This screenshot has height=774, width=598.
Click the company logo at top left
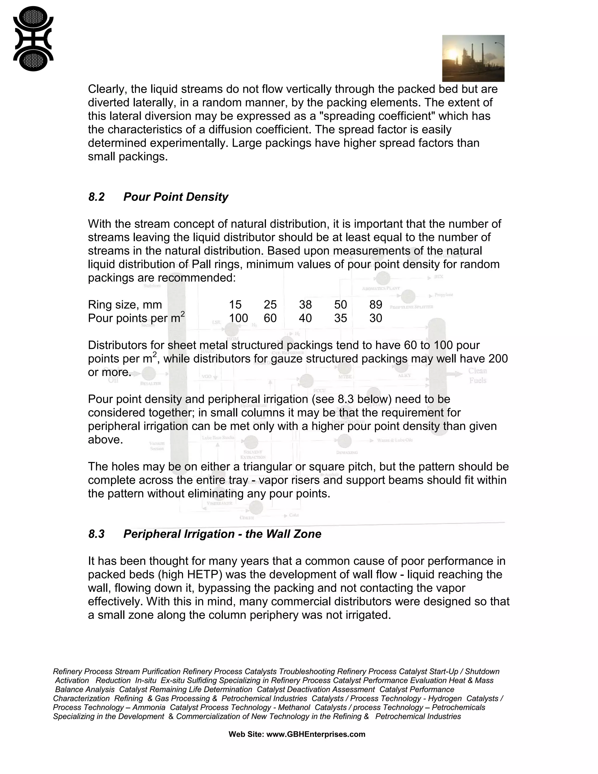pos(33,39)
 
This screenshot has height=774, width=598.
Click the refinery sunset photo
pos(473,58)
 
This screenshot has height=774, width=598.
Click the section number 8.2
pos(96,197)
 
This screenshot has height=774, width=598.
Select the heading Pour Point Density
pos(176,197)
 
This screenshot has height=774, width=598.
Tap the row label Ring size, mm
pos(125,304)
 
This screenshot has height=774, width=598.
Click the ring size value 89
pos(376,304)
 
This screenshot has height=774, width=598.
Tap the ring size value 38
pos(305,304)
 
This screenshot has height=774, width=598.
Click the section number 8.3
pos(96,534)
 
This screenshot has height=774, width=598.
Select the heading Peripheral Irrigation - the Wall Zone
pos(222,534)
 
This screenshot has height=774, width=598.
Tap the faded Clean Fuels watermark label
pos(477,376)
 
